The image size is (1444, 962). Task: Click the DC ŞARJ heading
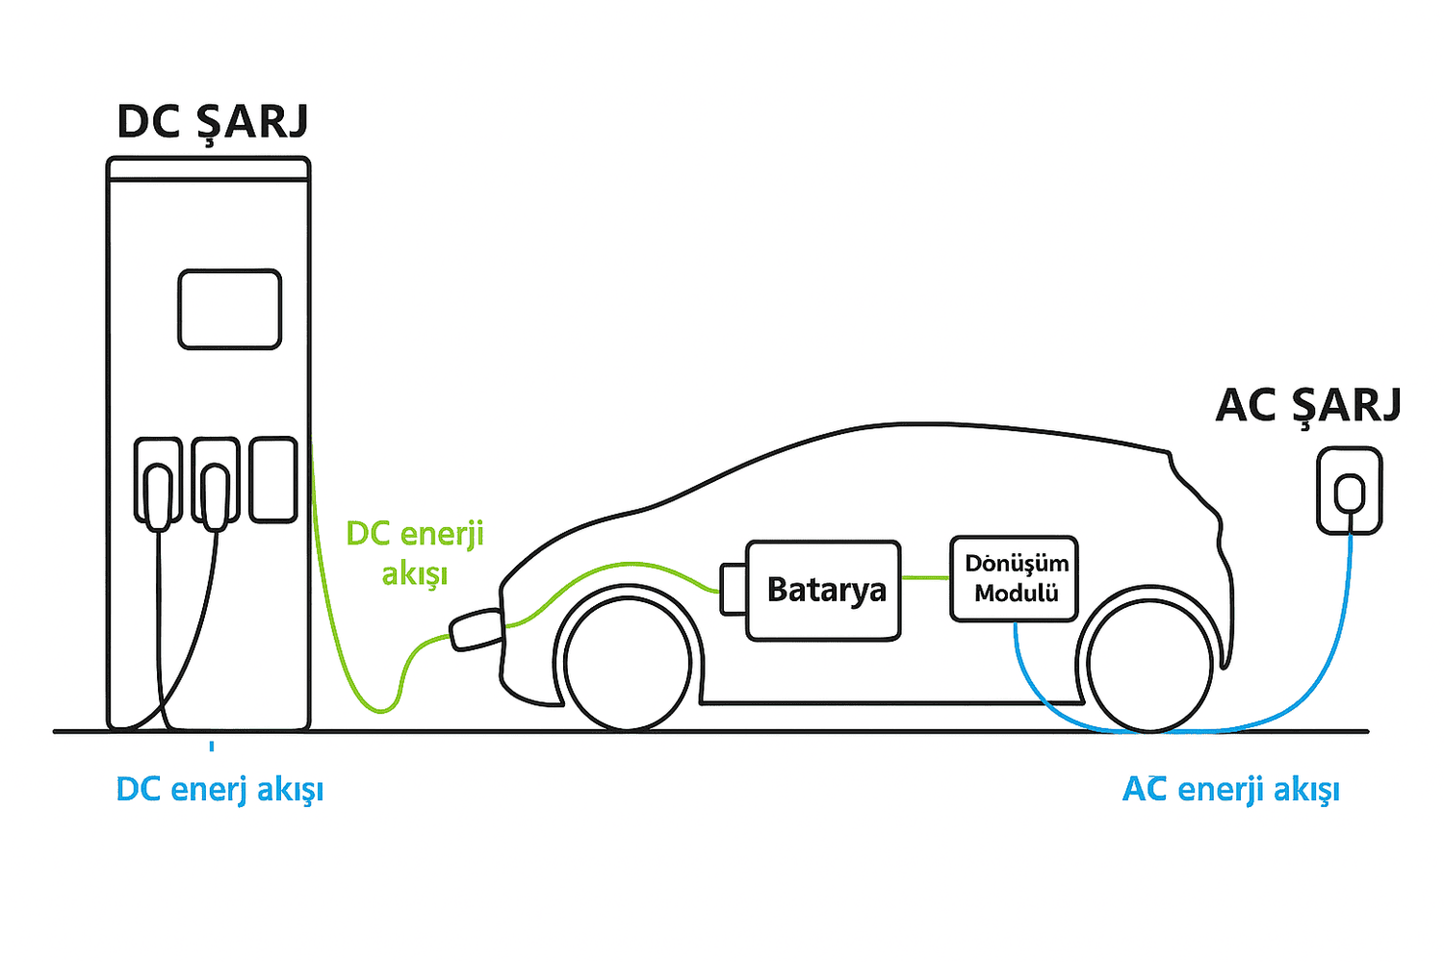(213, 123)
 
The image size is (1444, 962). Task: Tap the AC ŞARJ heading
(1308, 405)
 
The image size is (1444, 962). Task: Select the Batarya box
(825, 590)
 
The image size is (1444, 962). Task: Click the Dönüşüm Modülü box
(1014, 578)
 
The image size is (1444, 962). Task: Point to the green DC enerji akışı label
(415, 553)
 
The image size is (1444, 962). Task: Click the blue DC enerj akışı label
(219, 790)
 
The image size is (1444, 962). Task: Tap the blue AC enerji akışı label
(1231, 790)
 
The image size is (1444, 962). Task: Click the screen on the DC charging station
(230, 309)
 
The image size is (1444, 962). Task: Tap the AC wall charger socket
(1350, 491)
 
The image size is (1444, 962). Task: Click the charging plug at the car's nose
(476, 629)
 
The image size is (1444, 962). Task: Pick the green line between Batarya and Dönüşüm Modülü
(926, 577)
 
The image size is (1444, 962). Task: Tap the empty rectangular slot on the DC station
(273, 480)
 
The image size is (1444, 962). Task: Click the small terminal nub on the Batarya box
(734, 589)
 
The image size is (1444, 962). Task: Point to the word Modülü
(1017, 594)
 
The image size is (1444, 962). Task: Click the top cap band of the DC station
(208, 169)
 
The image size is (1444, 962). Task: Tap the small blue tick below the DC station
(212, 746)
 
